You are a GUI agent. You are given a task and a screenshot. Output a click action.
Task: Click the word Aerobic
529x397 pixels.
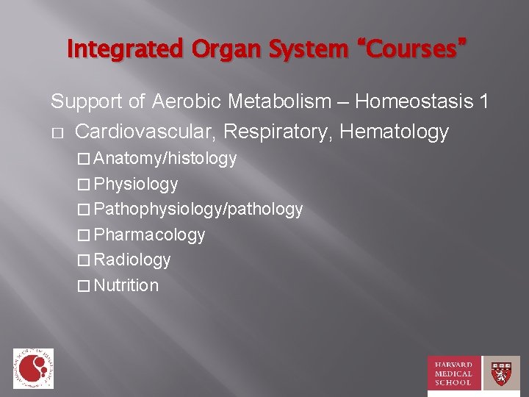185,101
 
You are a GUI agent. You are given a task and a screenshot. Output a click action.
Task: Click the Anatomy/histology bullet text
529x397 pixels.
165,158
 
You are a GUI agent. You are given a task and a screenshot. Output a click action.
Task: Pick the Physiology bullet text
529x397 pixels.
136,184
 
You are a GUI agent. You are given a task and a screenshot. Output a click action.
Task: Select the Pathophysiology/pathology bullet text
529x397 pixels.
198,210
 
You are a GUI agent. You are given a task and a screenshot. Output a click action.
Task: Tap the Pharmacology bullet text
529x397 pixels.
150,235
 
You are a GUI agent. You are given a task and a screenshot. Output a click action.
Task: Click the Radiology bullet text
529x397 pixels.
132,260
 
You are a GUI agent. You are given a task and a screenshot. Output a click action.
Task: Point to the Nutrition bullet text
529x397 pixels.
126,285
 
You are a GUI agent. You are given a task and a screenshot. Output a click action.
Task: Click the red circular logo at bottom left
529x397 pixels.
32,368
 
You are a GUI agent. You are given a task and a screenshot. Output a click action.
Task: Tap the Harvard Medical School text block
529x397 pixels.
453,373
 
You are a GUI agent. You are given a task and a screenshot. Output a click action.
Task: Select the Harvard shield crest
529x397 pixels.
501,373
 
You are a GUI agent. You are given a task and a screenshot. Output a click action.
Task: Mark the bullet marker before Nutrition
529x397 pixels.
84,286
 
